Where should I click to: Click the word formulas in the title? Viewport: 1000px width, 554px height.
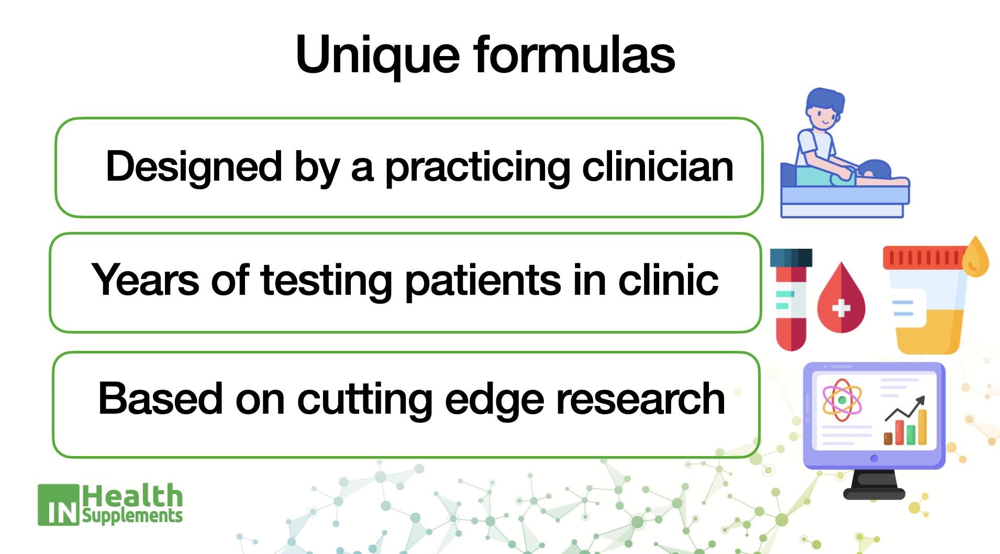[x=574, y=53]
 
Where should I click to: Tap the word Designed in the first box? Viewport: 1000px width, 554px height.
[x=194, y=167]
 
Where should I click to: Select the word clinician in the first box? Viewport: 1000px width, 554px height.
[x=658, y=167]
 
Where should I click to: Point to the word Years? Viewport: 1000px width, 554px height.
[x=145, y=280]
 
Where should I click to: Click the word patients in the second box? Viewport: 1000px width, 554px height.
[x=483, y=281]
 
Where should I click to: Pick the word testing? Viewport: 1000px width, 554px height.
[x=327, y=281]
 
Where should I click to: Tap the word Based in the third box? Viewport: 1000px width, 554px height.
[x=160, y=398]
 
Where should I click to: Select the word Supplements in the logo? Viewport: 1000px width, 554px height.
[x=132, y=516]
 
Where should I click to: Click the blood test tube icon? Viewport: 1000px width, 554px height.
[x=791, y=300]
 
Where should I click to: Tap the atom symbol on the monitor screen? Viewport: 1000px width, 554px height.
[x=842, y=400]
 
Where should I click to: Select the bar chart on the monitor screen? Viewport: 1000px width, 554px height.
[x=906, y=422]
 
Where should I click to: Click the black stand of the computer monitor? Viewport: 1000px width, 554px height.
[x=874, y=485]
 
